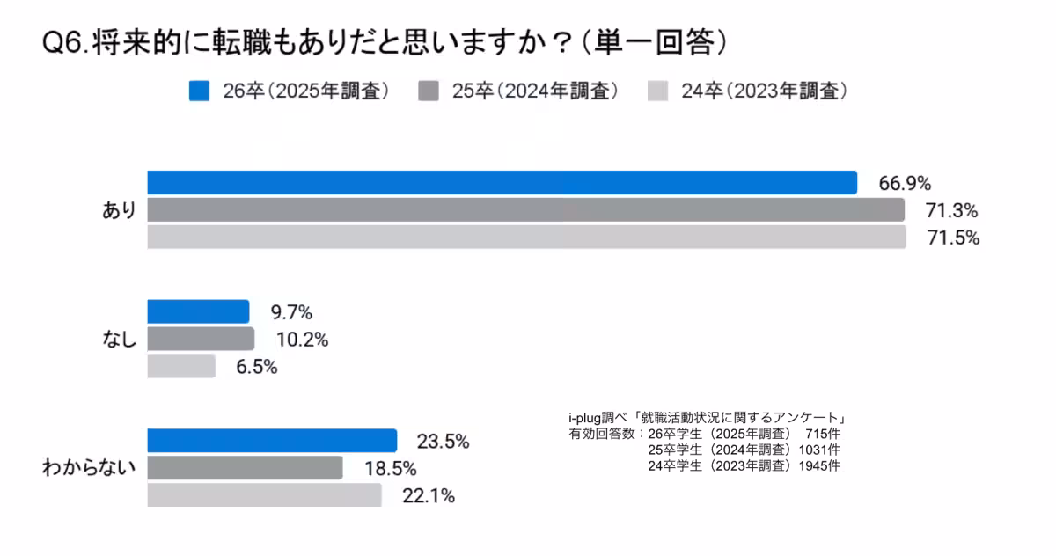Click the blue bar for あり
502,182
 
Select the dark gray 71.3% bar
525,209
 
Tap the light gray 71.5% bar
526,238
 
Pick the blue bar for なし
198,311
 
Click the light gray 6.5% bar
181,366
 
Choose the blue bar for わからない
272,441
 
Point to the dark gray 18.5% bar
245,468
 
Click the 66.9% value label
905,183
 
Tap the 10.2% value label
303,340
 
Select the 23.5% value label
443,442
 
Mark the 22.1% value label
428,496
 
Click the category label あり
119,210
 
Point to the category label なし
119,340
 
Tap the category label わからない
89,468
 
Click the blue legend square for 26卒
199,91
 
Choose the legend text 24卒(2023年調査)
764,91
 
